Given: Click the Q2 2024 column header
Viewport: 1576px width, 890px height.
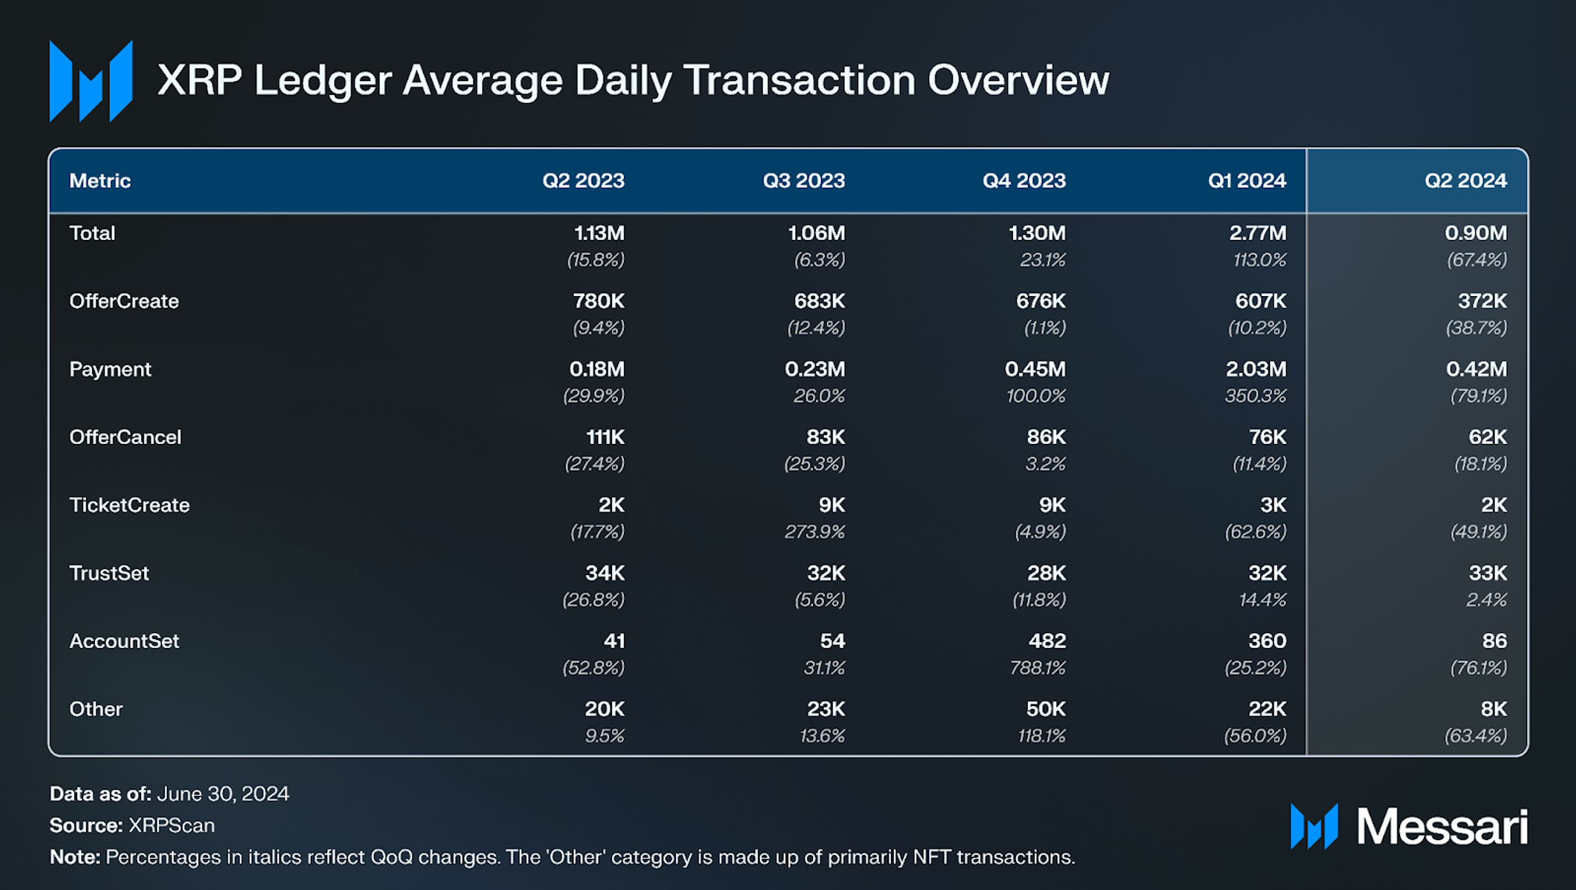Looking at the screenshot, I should pyautogui.click(x=1465, y=181).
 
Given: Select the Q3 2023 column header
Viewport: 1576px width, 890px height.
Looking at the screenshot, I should pyautogui.click(x=803, y=181).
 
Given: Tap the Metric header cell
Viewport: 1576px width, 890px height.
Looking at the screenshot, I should pyautogui.click(x=100, y=181).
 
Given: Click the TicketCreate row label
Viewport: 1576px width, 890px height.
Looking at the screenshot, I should pyautogui.click(x=129, y=505).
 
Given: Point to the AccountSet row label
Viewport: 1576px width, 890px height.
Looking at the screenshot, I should pyautogui.click(x=124, y=641).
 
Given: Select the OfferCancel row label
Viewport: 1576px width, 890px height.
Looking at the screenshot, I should pyautogui.click(x=125, y=437).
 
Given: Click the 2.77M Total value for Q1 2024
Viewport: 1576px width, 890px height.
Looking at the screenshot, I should pyautogui.click(x=1257, y=233).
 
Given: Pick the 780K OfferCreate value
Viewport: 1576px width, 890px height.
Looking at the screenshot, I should pyautogui.click(x=598, y=301).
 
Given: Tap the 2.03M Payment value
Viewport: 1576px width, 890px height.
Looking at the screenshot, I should pyautogui.click(x=1255, y=370).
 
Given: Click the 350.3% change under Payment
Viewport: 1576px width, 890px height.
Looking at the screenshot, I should pyautogui.click(x=1255, y=396).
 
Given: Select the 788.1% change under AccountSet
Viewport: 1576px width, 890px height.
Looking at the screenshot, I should pyautogui.click(x=1037, y=668).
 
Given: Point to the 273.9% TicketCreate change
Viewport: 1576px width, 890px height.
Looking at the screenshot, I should pyautogui.click(x=814, y=531).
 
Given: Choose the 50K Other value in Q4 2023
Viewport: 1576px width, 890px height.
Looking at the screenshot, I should pyautogui.click(x=1046, y=709).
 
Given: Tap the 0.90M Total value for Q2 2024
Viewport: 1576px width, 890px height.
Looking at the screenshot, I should pyautogui.click(x=1475, y=233).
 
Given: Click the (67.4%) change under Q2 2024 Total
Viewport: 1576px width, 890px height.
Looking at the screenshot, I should pyautogui.click(x=1477, y=260).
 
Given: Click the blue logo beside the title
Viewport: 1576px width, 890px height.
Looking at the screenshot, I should pyautogui.click(x=90, y=81).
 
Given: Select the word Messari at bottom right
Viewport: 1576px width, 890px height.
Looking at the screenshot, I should pyautogui.click(x=1441, y=827).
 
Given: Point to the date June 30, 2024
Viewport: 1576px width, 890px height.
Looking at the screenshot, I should pyautogui.click(x=223, y=794).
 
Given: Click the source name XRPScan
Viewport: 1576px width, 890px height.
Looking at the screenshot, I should pyautogui.click(x=171, y=825).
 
